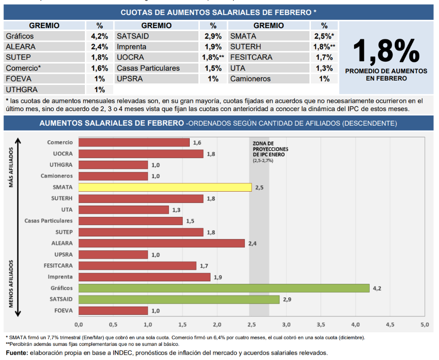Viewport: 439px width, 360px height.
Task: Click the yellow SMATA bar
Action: [x=165, y=187]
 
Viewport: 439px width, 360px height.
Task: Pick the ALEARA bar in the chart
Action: [x=162, y=244]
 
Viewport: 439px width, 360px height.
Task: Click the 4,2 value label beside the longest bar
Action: [x=377, y=288]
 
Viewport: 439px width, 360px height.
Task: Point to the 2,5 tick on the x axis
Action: [x=251, y=324]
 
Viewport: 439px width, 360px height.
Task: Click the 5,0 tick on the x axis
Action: [x=424, y=324]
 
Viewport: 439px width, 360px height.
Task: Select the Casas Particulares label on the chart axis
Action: [x=49, y=221]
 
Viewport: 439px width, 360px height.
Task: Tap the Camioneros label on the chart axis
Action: [x=57, y=176]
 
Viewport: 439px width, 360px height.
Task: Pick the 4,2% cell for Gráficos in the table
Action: [x=99, y=36]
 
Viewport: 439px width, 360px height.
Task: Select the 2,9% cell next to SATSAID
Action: [x=213, y=36]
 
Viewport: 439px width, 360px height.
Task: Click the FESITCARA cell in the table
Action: [x=251, y=58]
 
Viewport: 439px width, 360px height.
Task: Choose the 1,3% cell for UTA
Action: [x=324, y=68]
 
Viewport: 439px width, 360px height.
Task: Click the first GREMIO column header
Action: [x=44, y=26]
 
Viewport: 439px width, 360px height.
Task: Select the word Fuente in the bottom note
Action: [x=16, y=353]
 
